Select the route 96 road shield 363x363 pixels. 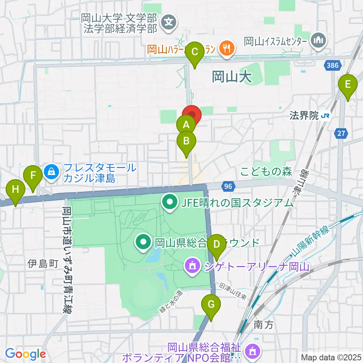click(228, 186)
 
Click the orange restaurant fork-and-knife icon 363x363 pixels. click(227, 48)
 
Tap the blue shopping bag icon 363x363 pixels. click(50, 172)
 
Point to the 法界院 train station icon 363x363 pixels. click(325, 116)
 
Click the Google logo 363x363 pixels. click(25, 354)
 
